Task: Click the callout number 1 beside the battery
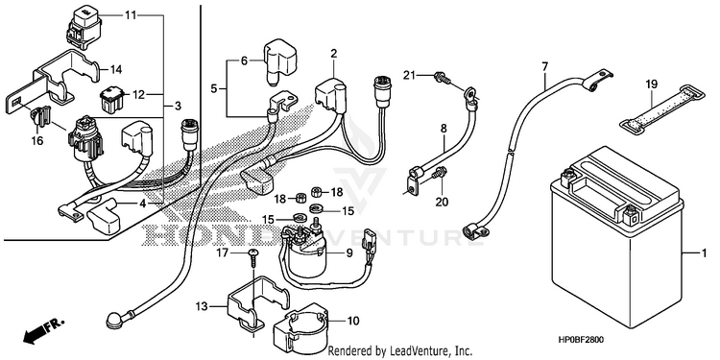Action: tap(703, 253)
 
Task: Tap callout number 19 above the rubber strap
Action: tap(651, 84)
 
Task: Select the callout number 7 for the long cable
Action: tap(544, 66)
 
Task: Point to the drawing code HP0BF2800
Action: tap(581, 340)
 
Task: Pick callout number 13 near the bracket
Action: tap(202, 306)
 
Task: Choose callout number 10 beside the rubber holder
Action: tap(352, 321)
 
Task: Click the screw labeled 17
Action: tap(254, 259)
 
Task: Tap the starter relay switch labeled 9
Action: tap(305, 252)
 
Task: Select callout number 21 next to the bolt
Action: tap(410, 75)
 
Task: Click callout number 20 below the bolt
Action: tap(442, 202)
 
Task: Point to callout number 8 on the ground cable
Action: tap(444, 129)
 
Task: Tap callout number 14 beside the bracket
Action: tap(116, 70)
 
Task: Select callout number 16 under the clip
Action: tap(37, 140)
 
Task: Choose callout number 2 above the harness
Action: tap(334, 53)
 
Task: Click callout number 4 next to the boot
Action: tap(142, 204)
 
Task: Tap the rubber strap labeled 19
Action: tap(661, 108)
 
